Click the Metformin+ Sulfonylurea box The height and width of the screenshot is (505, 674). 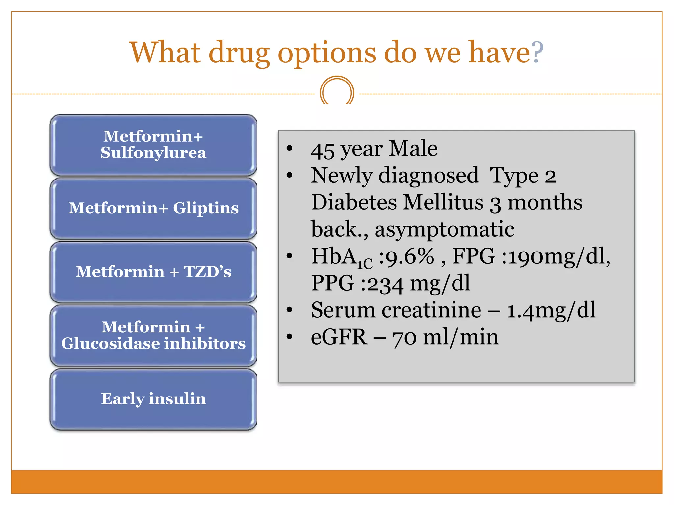click(x=153, y=145)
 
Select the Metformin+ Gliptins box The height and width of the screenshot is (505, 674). click(x=153, y=208)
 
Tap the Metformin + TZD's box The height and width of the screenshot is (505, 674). click(x=153, y=272)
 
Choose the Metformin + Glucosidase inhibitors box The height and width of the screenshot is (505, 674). click(x=153, y=335)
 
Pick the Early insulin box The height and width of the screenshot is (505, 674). click(x=153, y=399)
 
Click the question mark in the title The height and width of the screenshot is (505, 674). click(x=537, y=53)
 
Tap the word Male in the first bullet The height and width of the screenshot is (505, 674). click(x=413, y=149)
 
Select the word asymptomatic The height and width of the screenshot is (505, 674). click(x=444, y=229)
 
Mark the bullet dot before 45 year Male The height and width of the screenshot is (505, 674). click(x=289, y=148)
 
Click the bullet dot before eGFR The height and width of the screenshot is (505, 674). click(x=289, y=337)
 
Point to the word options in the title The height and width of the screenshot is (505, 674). click(x=326, y=54)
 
